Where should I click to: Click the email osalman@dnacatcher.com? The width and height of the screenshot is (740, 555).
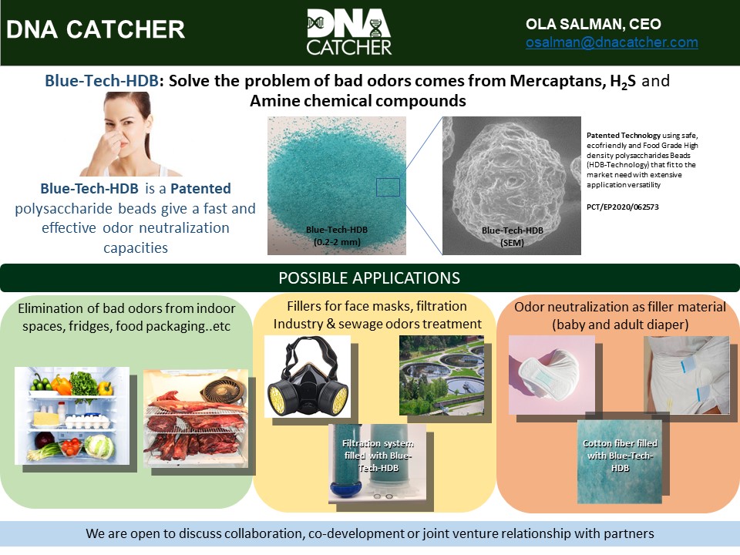pyautogui.click(x=611, y=43)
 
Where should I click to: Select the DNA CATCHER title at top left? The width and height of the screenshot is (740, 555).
pyautogui.click(x=96, y=29)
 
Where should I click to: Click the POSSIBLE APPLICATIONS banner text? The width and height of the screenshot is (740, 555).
pyautogui.click(x=369, y=277)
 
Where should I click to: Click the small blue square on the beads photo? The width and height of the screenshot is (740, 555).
pyautogui.click(x=388, y=187)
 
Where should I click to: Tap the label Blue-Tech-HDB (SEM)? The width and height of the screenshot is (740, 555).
pyautogui.click(x=511, y=236)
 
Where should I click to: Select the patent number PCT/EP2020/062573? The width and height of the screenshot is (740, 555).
pyautogui.click(x=623, y=207)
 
